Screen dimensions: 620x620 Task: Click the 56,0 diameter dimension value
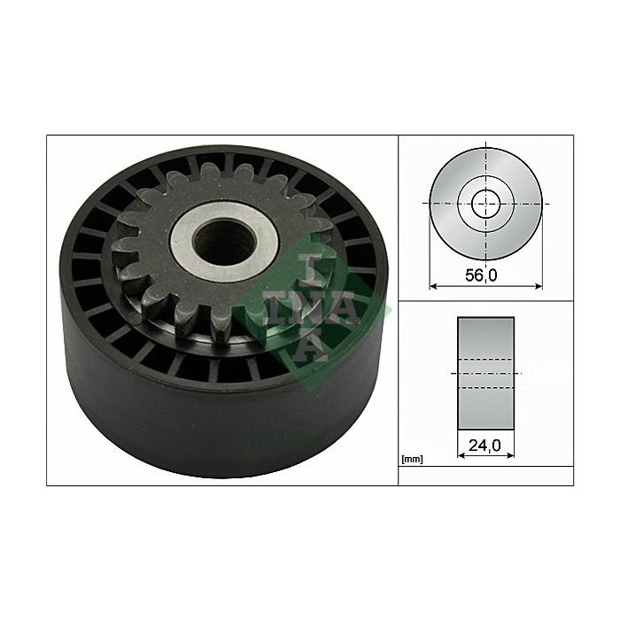[481, 275]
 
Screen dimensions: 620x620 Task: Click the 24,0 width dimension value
[484, 446]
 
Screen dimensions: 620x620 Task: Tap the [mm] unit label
[412, 460]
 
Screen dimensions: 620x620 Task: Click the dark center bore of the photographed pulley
[225, 242]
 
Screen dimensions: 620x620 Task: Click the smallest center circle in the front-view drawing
[486, 204]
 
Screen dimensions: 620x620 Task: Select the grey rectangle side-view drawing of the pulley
[485, 373]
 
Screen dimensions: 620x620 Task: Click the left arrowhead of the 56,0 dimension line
[432, 286]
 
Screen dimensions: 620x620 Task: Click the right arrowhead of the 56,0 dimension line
[539, 286]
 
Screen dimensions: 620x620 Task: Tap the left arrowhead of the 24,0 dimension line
[461, 455]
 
